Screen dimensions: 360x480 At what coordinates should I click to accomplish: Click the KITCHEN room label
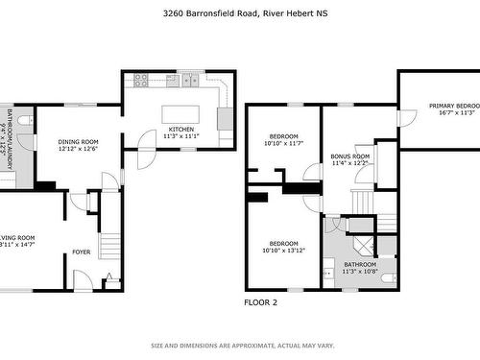[180, 129]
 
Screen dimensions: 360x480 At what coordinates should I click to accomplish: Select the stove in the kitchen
[141, 81]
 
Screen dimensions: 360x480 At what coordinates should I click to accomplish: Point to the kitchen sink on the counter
[190, 80]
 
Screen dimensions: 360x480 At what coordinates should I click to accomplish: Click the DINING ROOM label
[78, 142]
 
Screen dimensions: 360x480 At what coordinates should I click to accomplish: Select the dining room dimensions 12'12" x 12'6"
[78, 149]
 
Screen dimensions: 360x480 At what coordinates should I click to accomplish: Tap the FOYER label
[82, 252]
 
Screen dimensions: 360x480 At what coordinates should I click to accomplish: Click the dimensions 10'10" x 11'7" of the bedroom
[282, 143]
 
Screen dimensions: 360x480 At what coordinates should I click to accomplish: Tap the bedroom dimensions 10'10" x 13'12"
[282, 250]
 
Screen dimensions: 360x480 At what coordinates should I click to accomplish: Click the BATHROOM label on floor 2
[360, 264]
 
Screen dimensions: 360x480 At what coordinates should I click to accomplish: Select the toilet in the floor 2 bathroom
[387, 277]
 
